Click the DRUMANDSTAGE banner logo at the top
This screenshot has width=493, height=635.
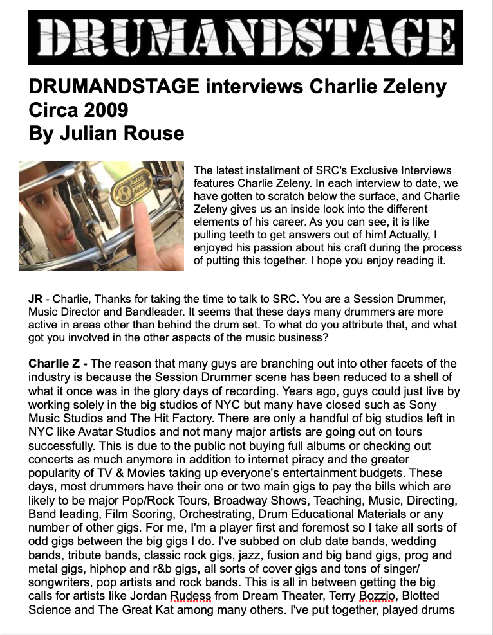tap(245, 37)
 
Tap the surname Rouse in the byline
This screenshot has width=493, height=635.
tap(158, 133)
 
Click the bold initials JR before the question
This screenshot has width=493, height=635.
tap(35, 300)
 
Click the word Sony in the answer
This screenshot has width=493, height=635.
tap(424, 405)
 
